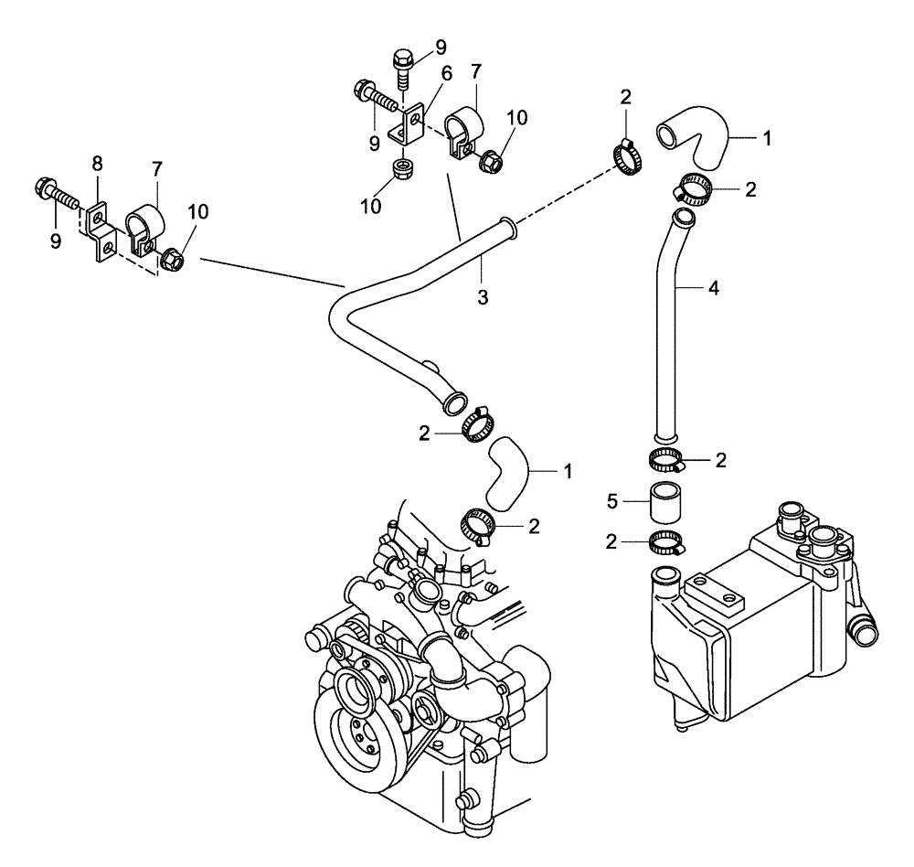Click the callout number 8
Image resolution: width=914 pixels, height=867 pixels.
click(97, 164)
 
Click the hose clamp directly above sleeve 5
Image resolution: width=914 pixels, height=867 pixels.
click(666, 460)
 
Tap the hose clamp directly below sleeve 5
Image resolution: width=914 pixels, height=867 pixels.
click(666, 541)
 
